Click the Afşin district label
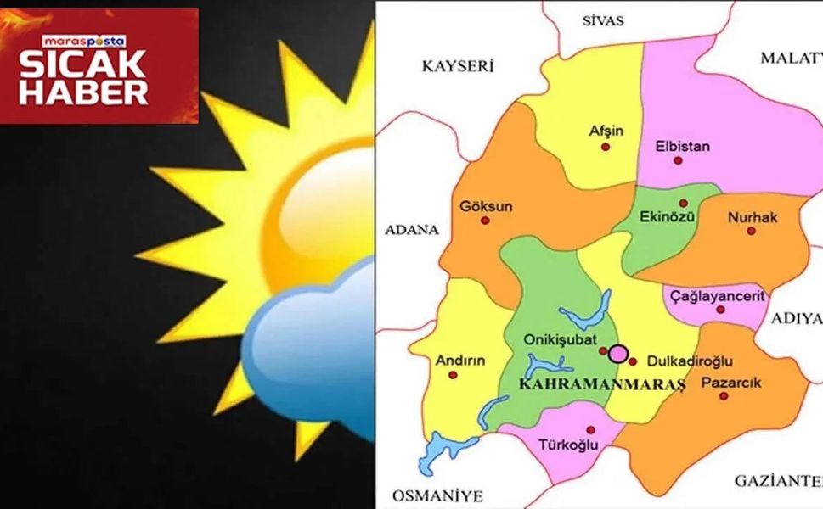[x=606, y=131]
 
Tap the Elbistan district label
[x=682, y=145]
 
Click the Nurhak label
[x=752, y=218]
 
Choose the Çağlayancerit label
[x=717, y=296]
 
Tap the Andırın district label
[x=459, y=360]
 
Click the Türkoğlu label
[x=568, y=444]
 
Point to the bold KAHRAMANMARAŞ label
[x=601, y=384]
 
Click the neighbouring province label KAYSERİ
[x=458, y=67]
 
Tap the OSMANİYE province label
[x=437, y=495]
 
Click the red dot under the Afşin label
[x=606, y=146]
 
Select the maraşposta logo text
[x=84, y=41]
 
